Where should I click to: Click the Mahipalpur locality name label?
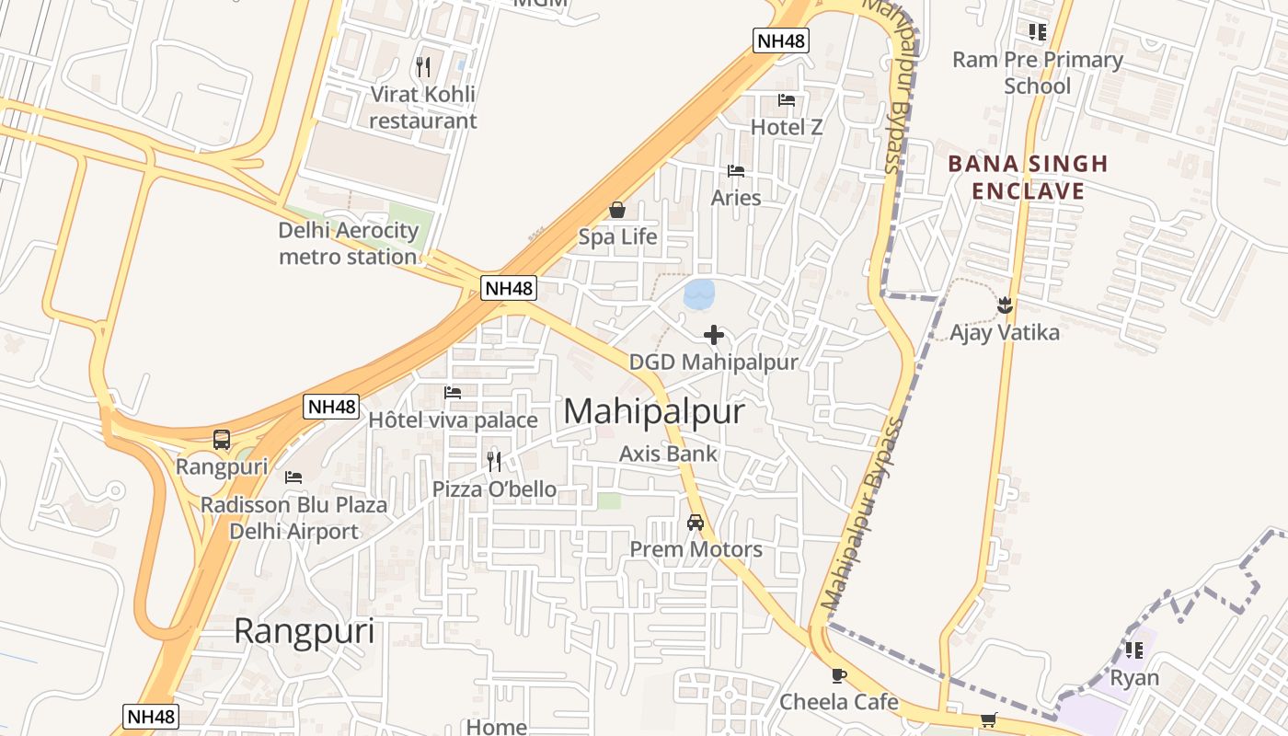653,411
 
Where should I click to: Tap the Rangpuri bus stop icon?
222,440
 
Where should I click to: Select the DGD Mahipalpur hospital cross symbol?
713,335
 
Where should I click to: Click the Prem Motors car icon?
696,523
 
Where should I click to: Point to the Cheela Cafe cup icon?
838,675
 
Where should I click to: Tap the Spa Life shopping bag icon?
616,211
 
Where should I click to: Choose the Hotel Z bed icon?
787,100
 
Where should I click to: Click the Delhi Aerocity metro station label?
349,244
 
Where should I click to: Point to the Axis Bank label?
668,454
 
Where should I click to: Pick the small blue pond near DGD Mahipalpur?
699,294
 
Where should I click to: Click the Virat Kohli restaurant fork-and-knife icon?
423,66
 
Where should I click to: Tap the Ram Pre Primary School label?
1037,73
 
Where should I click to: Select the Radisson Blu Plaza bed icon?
293,477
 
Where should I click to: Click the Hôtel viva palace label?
453,420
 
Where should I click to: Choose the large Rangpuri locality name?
304,631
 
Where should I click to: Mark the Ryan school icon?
1134,650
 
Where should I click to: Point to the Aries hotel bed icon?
736,171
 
